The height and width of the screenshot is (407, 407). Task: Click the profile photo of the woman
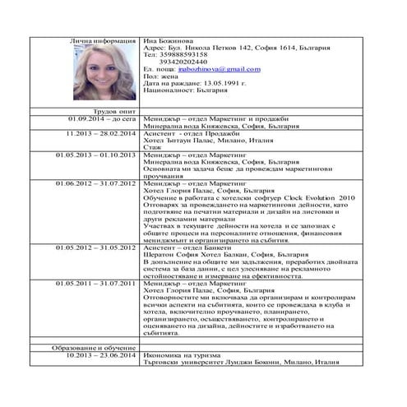pyautogui.click(x=105, y=72)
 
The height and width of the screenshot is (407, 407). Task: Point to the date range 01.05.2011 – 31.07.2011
pyautogui.click(x=98, y=284)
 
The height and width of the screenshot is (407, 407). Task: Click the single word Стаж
pyautogui.click(x=152, y=148)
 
